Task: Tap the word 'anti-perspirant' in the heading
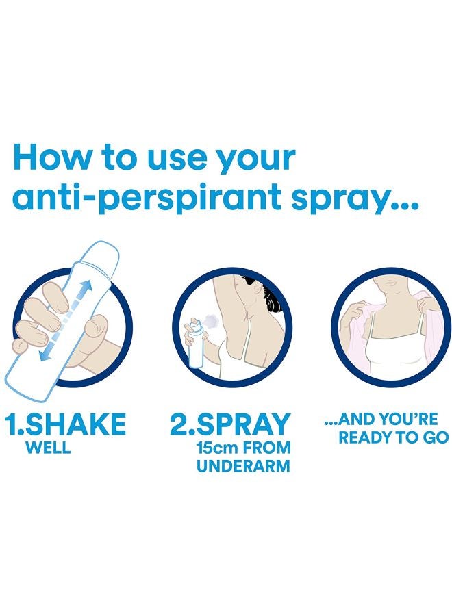click(x=147, y=199)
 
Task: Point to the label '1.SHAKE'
click(x=65, y=424)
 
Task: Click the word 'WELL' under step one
click(x=48, y=448)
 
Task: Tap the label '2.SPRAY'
click(x=230, y=424)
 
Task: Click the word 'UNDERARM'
click(x=243, y=466)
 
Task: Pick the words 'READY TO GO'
click(x=393, y=437)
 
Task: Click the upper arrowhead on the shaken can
click(x=86, y=286)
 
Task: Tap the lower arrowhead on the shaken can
click(x=44, y=355)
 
